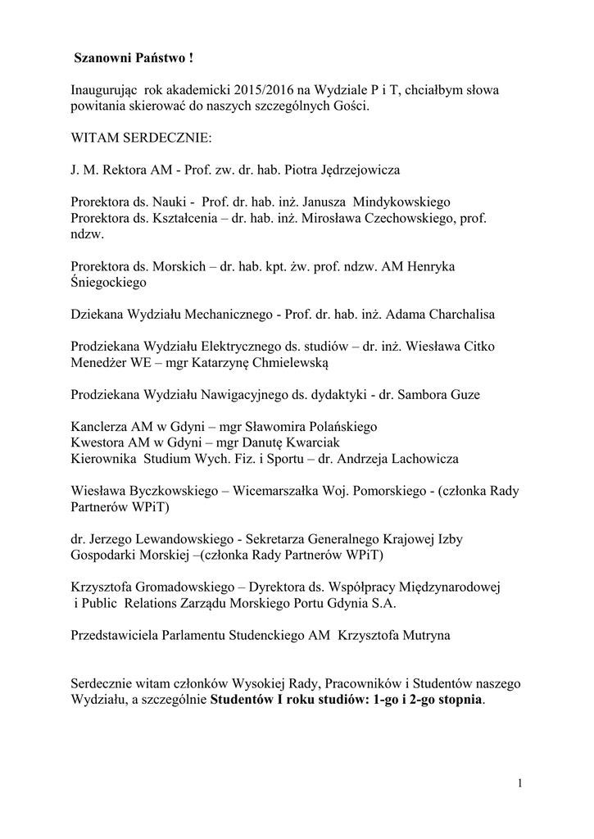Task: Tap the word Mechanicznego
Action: [220, 314]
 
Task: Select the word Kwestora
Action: [97, 442]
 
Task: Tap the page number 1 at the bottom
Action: [519, 782]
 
